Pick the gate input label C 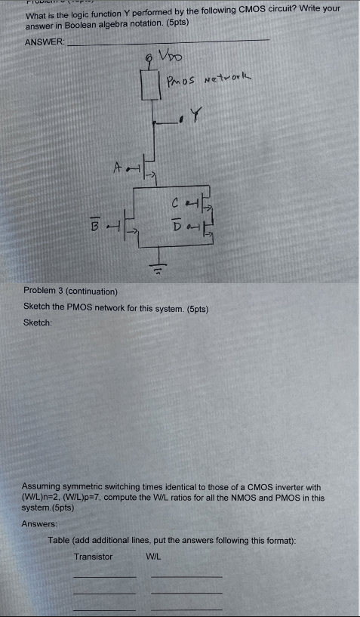click(175, 203)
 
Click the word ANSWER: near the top click(45, 42)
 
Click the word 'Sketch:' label click(38, 322)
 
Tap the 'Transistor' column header click(93, 557)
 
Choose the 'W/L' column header click(155, 557)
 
